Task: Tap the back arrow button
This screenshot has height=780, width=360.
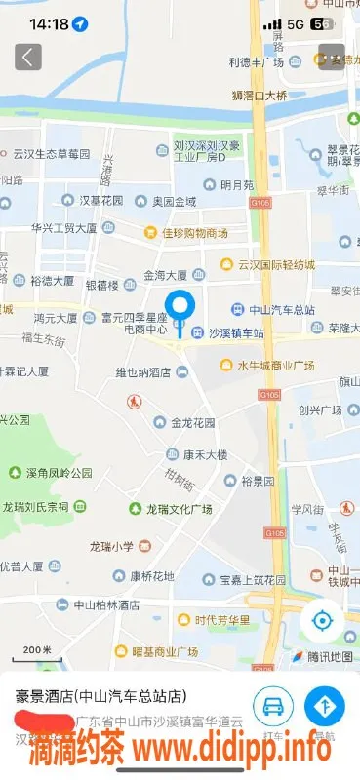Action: [x=28, y=57]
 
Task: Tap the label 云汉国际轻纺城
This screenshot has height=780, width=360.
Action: [x=276, y=264]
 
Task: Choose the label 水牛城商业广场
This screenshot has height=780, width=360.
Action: [x=276, y=366]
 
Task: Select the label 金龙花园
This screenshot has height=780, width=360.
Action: [x=193, y=423]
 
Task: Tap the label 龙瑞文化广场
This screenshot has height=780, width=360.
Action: [x=179, y=509]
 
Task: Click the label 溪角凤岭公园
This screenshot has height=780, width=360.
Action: [x=60, y=473]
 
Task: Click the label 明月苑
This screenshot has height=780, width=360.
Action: [x=236, y=184]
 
